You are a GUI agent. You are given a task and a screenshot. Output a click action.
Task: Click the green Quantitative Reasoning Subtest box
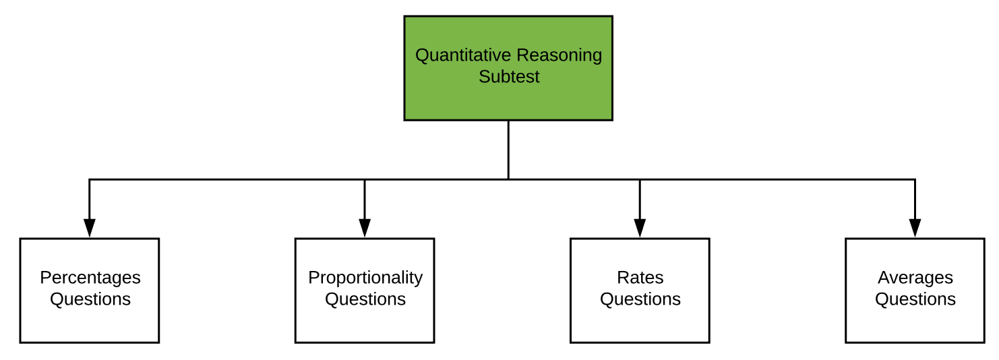tap(508, 68)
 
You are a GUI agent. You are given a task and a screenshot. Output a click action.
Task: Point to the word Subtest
tap(509, 77)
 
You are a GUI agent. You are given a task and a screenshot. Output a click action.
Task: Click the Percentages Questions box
tap(90, 291)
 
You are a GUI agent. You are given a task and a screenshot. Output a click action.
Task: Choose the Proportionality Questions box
tap(365, 291)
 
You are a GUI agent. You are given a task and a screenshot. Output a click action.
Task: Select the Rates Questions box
tap(640, 291)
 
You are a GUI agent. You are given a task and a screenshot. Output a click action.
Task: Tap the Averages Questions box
tap(915, 291)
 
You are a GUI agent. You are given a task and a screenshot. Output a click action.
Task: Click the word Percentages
tap(90, 278)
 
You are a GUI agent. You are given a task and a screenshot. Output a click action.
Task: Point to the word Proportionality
tap(365, 278)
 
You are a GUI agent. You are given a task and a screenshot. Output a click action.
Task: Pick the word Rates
tap(640, 278)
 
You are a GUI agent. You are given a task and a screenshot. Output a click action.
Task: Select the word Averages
tap(915, 278)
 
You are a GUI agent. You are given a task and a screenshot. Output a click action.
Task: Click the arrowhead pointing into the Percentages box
tap(90, 228)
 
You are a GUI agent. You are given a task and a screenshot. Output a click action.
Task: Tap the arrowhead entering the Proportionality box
tap(365, 228)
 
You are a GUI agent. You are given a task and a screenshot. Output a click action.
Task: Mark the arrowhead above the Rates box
tap(640, 228)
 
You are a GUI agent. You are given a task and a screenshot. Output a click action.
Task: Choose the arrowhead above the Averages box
tap(915, 228)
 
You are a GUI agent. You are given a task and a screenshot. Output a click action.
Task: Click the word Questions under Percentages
tap(90, 299)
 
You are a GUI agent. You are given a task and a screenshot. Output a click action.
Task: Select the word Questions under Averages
tap(915, 299)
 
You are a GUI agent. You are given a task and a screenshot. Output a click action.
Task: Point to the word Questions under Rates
tap(640, 299)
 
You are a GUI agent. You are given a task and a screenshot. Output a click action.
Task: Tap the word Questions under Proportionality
tap(365, 299)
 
